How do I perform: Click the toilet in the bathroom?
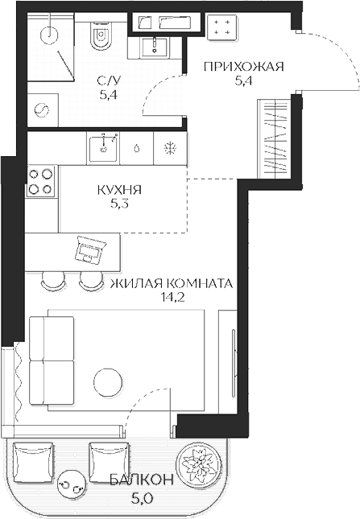click(101, 35)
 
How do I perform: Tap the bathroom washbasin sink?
click(155, 47)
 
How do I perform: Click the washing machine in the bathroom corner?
click(43, 109)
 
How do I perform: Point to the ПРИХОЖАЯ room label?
click(244, 67)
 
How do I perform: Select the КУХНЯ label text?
click(119, 190)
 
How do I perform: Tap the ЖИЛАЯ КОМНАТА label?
click(172, 284)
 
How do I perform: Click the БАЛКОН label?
click(142, 480)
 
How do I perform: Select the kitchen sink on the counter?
click(103, 147)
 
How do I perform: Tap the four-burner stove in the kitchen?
click(41, 181)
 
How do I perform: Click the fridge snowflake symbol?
click(171, 147)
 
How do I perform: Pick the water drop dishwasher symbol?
click(137, 148)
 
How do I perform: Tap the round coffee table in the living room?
click(108, 381)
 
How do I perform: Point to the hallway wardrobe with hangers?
click(275, 139)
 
